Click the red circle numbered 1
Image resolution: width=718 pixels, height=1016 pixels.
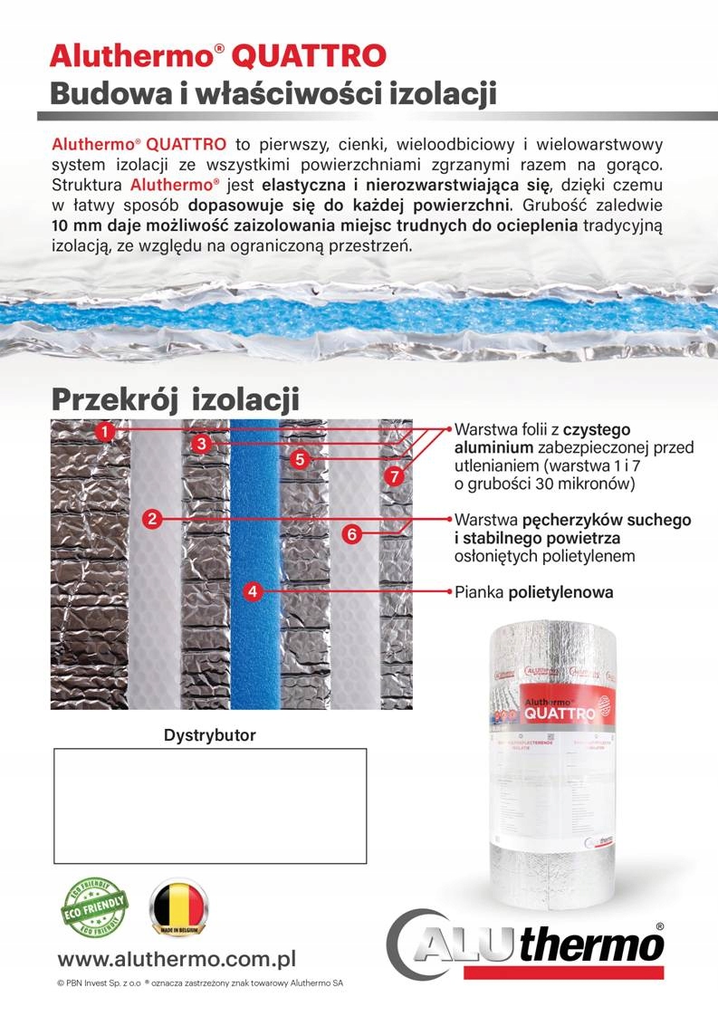[107, 431]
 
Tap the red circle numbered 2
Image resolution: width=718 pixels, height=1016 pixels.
[153, 519]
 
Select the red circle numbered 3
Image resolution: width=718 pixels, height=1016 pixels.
[202, 443]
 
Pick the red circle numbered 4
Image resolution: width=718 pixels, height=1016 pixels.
[254, 592]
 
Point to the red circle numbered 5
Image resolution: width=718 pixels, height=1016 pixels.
[302, 459]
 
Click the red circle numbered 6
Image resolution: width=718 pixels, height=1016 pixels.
[351, 534]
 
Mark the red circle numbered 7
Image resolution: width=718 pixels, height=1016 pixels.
[393, 474]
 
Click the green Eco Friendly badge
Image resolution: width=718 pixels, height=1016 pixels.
[92, 908]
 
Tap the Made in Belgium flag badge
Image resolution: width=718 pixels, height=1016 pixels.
[177, 908]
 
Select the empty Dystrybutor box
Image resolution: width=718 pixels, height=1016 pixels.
[209, 806]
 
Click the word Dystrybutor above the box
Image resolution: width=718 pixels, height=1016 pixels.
[209, 735]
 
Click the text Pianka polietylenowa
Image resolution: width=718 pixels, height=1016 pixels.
[534, 593]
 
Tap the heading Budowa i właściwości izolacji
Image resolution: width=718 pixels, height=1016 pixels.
[273, 93]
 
